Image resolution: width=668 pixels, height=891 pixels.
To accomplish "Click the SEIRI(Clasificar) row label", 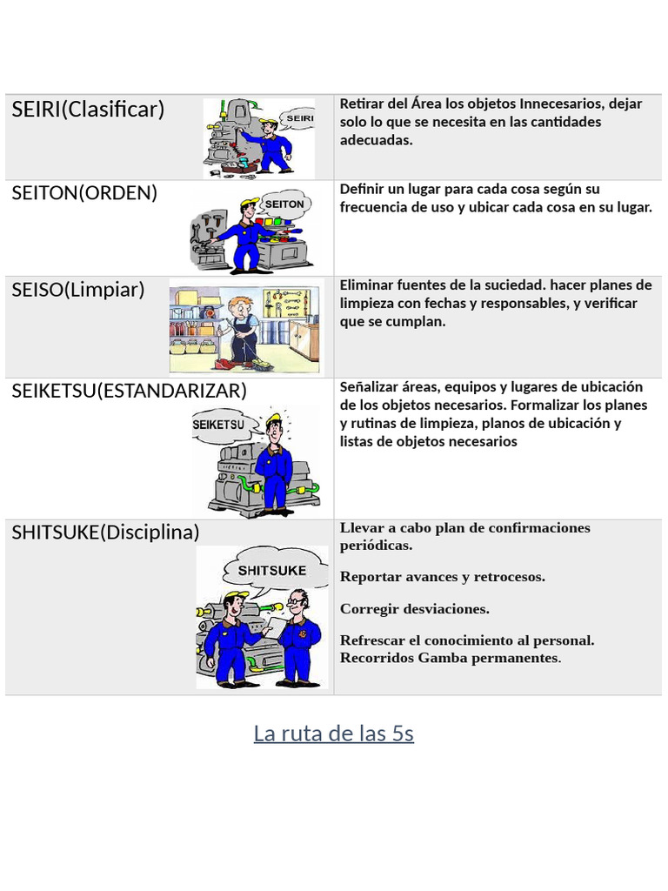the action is [88, 109].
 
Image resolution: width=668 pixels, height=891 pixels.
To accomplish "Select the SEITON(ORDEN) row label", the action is [84, 193].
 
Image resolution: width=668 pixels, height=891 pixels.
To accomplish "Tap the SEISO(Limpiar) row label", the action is [78, 290].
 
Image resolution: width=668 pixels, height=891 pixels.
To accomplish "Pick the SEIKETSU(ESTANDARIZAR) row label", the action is [130, 391].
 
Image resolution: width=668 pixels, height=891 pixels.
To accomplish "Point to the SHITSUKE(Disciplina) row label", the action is [105, 533].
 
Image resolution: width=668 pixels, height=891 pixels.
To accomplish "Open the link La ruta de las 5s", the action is [334, 733].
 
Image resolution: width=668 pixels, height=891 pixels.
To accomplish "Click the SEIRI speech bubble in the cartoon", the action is [297, 118].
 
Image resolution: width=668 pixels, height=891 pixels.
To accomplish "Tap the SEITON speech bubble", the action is [284, 204].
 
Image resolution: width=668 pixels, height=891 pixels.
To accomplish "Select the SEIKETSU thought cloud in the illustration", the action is [220, 424].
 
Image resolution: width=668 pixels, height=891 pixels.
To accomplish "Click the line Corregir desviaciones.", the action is [415, 609].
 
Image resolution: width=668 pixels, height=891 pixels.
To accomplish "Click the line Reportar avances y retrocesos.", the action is [443, 577].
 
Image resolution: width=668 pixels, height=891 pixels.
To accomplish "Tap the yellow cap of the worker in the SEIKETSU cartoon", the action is [274, 419].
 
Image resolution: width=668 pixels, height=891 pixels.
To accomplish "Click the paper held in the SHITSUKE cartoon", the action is [276, 626].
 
